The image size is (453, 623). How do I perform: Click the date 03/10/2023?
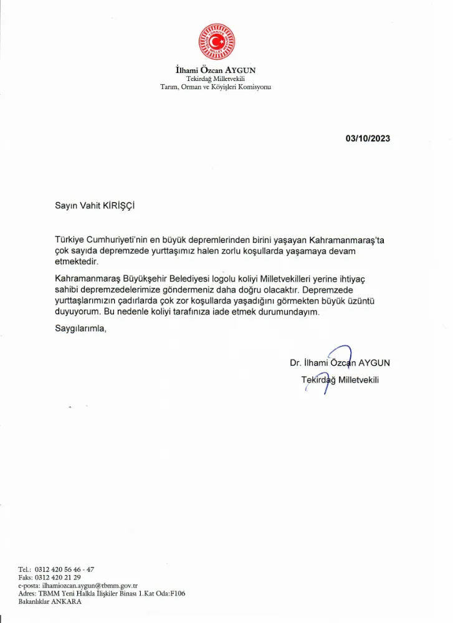click(368, 138)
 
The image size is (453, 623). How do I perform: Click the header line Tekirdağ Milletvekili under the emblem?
click(216, 78)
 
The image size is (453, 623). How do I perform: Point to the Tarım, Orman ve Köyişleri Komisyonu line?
click(216, 87)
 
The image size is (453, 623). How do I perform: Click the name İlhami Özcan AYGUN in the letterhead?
click(216, 70)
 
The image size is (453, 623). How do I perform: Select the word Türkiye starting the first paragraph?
click(70, 240)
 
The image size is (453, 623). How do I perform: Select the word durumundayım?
click(290, 313)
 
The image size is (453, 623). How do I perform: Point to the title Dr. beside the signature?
click(295, 362)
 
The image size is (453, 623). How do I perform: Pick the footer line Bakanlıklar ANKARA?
click(50, 602)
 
